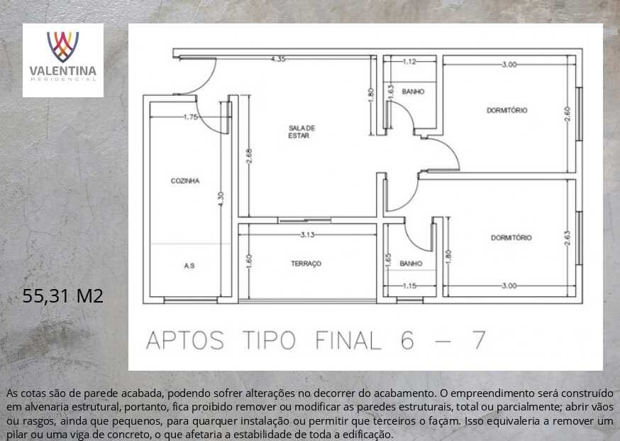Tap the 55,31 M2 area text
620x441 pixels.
[62, 295]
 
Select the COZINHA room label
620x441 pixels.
[185, 181]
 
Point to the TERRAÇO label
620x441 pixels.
[306, 263]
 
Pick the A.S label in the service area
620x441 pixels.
[189, 266]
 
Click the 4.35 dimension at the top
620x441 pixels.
[278, 59]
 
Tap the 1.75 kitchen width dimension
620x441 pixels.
[191, 116]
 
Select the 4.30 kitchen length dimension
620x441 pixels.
[221, 198]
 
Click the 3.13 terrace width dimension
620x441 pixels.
[307, 235]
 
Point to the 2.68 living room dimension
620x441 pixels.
[249, 156]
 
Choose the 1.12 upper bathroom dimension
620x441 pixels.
[409, 61]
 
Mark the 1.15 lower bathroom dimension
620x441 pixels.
[409, 285]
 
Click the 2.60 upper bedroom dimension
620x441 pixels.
[568, 114]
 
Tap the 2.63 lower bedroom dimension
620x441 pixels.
[568, 238]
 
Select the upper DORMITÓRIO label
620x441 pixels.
[507, 111]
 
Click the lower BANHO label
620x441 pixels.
[411, 263]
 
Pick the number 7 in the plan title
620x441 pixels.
[480, 340]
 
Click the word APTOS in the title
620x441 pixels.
[185, 340]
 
